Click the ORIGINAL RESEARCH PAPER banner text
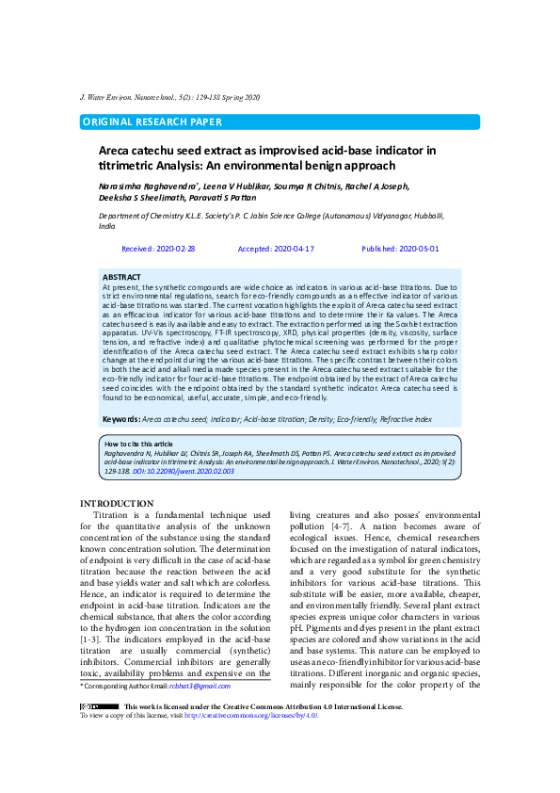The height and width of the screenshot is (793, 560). click(x=152, y=122)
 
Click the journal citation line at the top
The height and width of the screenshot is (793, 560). click(x=170, y=98)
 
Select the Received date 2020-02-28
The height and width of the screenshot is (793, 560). click(x=159, y=249)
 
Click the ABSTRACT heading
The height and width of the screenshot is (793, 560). click(x=121, y=277)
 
